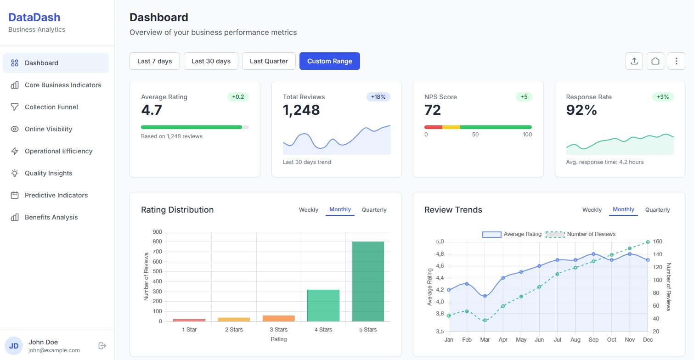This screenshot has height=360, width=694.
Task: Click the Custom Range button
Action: [329, 61]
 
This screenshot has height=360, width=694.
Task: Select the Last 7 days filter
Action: [155, 61]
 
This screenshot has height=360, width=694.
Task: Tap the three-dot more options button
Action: [677, 61]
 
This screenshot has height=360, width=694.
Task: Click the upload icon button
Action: [634, 61]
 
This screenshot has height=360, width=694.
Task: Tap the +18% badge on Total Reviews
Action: [378, 97]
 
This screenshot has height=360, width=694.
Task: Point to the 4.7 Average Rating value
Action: [152, 110]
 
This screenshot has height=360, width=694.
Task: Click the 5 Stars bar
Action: [368, 281]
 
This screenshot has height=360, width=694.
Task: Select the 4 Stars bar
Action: [323, 305]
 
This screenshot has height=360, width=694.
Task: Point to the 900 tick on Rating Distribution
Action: [158, 232]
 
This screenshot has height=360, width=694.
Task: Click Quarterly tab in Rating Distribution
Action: [374, 210]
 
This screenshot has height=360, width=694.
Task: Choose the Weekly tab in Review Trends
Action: [592, 210]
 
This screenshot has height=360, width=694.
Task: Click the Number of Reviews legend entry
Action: [581, 234]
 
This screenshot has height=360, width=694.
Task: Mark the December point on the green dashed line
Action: [648, 242]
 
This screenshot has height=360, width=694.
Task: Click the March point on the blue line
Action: [485, 296]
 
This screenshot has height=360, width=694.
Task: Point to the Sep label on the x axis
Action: [593, 340]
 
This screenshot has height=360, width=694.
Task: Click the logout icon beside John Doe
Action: [102, 346]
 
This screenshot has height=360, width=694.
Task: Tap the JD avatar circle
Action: [14, 346]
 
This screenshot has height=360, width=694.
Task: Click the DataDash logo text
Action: [34, 17]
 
